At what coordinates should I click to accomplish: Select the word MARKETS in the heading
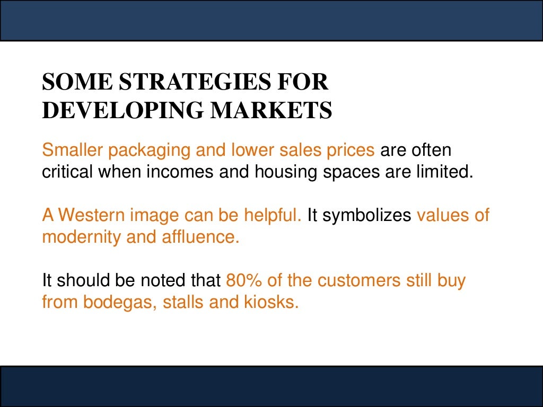coord(272,110)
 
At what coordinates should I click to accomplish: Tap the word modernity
coord(82,237)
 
